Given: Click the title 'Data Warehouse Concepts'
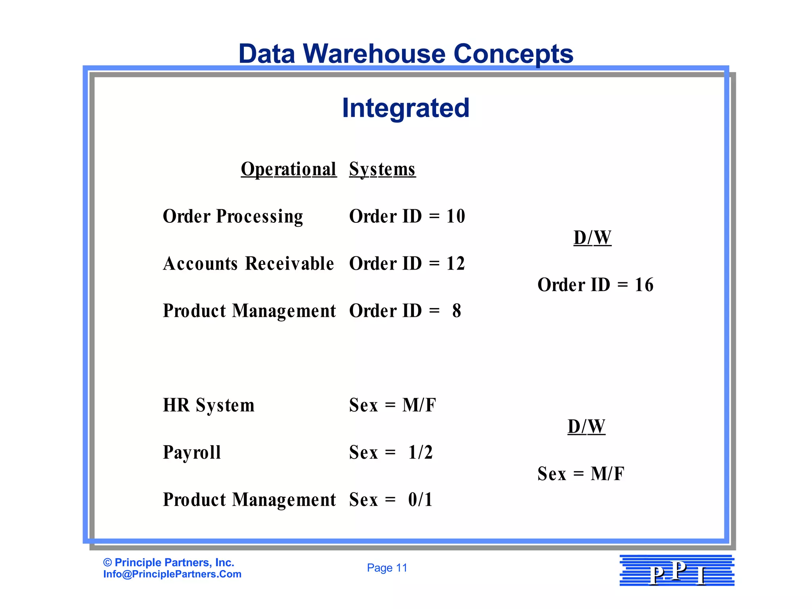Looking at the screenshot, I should [406, 54].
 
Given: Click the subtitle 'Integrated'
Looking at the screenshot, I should [406, 108].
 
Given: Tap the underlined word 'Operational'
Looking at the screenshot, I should [289, 169].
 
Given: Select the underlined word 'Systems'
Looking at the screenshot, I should [382, 169].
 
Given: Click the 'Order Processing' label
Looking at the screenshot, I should [233, 216].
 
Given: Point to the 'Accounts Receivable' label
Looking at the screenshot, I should [248, 264].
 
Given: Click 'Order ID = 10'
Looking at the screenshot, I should [407, 216].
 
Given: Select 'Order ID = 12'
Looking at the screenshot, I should [407, 264].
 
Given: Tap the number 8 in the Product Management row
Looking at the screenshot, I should [457, 311].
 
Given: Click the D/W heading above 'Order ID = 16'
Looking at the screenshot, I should [592, 238].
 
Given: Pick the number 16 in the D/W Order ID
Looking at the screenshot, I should [644, 285].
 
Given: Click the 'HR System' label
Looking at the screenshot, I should [209, 405].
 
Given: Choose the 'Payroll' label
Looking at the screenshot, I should [192, 452].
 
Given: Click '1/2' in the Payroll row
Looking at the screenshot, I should [420, 452].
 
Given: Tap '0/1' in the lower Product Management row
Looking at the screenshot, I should [420, 500].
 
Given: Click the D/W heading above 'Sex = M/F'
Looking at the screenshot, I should [586, 427].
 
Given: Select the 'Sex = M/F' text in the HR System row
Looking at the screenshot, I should [393, 405].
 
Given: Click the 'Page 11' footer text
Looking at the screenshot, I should [387, 568].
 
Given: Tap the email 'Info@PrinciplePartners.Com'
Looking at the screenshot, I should [172, 574].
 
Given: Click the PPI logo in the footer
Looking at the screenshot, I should [677, 571].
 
